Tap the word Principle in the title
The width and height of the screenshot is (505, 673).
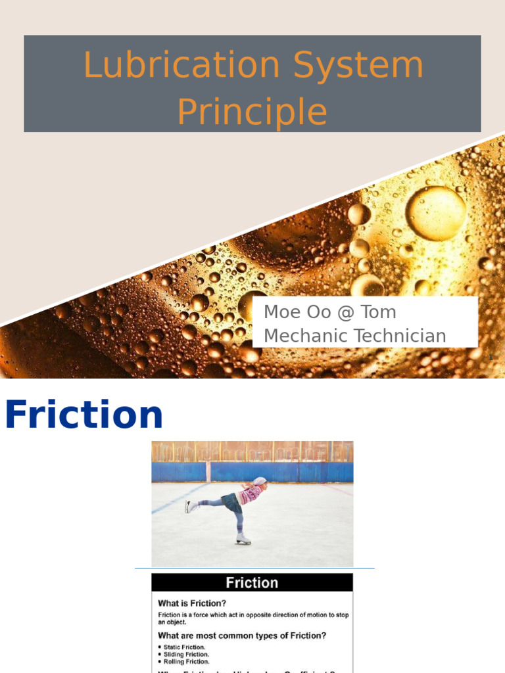pyautogui.click(x=252, y=112)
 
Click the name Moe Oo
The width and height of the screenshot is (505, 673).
pyautogui.click(x=293, y=312)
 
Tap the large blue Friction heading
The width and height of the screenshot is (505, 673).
pyautogui.click(x=84, y=415)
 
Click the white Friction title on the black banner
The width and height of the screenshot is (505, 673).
pyautogui.click(x=252, y=583)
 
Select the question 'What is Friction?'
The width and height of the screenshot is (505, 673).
pyautogui.click(x=192, y=603)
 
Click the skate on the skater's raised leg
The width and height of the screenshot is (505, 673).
pyautogui.click(x=191, y=506)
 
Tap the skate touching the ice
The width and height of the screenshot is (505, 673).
pyautogui.click(x=243, y=539)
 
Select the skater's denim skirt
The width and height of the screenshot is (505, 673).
pyautogui.click(x=232, y=503)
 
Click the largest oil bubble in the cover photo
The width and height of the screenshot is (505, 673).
pyautogui.click(x=436, y=213)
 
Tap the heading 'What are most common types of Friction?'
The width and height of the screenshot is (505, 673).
pyautogui.click(x=242, y=636)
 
